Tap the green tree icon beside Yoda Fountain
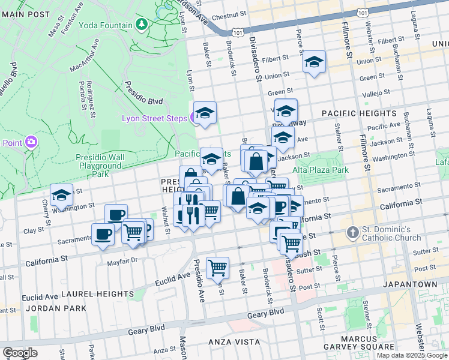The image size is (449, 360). pyautogui.click(x=142, y=25)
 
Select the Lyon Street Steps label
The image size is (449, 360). pyautogui.click(x=155, y=118)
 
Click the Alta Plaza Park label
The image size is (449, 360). pyautogui.click(x=321, y=170)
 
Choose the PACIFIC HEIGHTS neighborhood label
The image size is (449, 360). pyautogui.click(x=358, y=113)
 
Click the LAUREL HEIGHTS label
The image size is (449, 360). pyautogui.click(x=97, y=294)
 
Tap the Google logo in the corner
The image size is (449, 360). pyautogui.click(x=20, y=353)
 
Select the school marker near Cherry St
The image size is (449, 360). pyautogui.click(x=61, y=195)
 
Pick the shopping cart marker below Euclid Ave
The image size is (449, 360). pyautogui.click(x=217, y=268)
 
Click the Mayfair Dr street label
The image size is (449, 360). pyautogui.click(x=122, y=261)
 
